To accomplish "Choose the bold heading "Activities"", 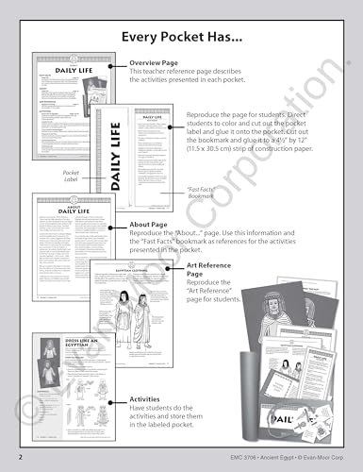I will click(147, 400).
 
